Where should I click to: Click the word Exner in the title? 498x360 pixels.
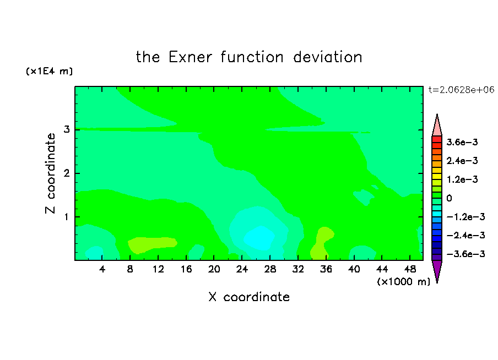point(190,57)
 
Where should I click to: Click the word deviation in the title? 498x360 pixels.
point(327,57)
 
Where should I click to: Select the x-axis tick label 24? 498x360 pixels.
point(242,269)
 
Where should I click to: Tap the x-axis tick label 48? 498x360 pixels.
point(410,269)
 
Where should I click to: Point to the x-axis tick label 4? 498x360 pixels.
point(102,269)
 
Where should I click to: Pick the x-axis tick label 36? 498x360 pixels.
point(326,269)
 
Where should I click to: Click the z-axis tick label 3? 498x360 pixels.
point(67,129)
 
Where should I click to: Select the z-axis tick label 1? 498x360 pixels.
point(67,217)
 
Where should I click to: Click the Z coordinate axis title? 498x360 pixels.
point(50,173)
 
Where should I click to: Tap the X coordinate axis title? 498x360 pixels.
point(249,297)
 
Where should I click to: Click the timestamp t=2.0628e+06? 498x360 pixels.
point(461,90)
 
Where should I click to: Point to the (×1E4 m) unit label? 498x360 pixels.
point(49,71)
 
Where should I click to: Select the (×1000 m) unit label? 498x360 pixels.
point(403,282)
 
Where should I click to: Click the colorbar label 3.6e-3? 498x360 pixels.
point(462,142)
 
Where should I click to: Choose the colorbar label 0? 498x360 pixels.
point(449,198)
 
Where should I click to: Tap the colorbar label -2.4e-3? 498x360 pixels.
point(465,235)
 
